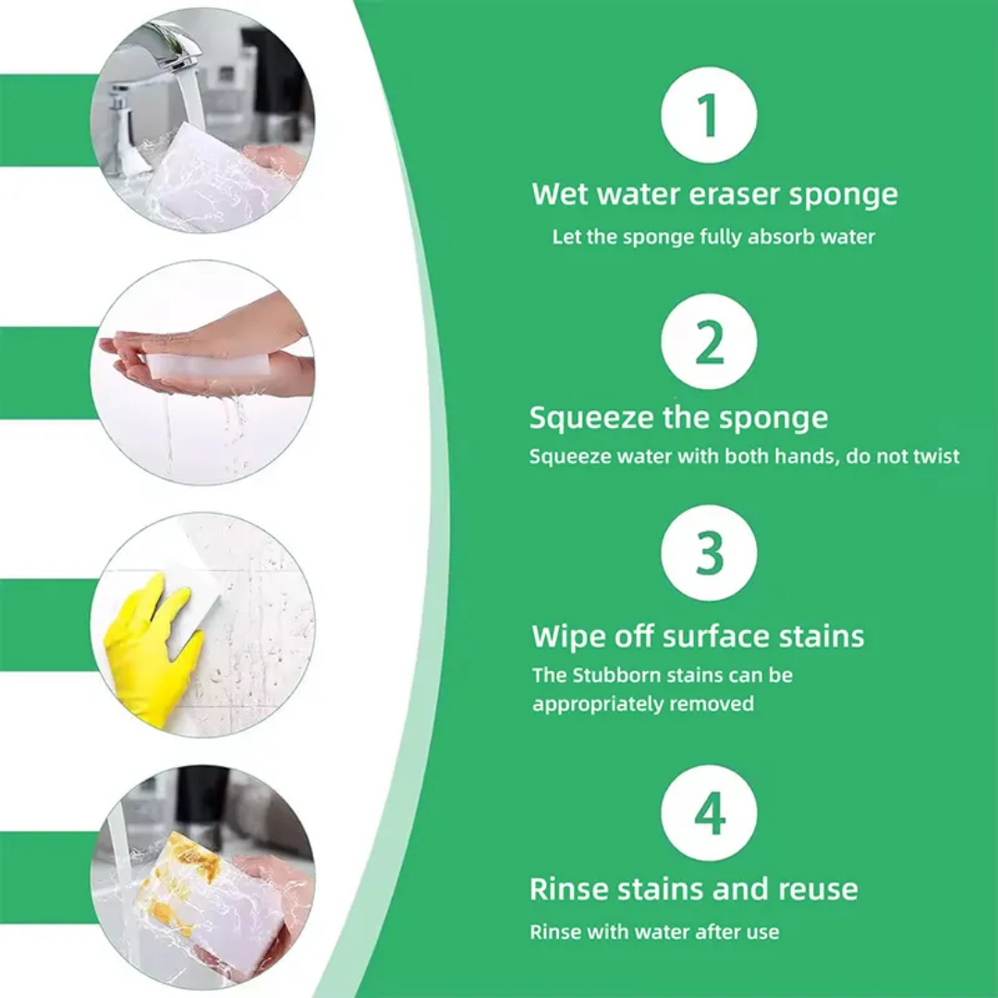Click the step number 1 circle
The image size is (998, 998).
pos(709,116)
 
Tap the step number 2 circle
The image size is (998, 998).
pos(709,342)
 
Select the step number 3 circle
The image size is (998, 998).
pos(709,554)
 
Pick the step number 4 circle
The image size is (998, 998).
pos(709,813)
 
